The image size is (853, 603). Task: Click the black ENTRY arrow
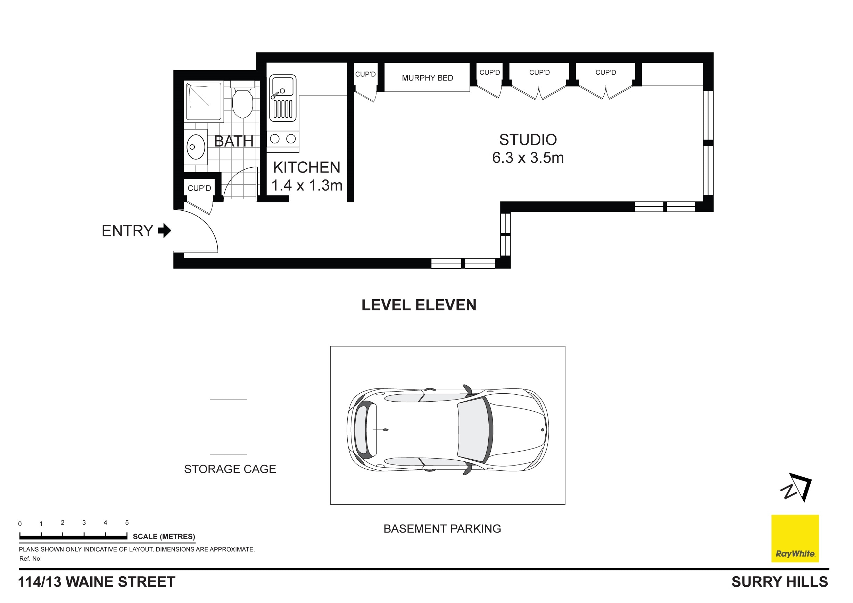click(165, 231)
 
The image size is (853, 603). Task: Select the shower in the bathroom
click(204, 101)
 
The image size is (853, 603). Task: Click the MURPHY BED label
click(427, 78)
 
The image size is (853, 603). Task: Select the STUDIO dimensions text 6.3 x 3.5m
click(528, 158)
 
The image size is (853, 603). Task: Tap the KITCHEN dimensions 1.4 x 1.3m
click(306, 185)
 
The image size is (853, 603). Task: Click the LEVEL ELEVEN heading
click(419, 305)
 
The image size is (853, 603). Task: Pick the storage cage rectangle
click(229, 427)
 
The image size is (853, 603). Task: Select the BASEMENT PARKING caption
click(442, 528)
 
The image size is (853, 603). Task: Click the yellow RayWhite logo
click(795, 538)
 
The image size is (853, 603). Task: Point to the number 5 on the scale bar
click(127, 522)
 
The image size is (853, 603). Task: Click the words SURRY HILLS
click(779, 582)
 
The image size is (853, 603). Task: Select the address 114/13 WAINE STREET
click(97, 582)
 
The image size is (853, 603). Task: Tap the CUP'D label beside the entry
click(199, 188)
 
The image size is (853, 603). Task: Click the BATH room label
click(234, 141)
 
